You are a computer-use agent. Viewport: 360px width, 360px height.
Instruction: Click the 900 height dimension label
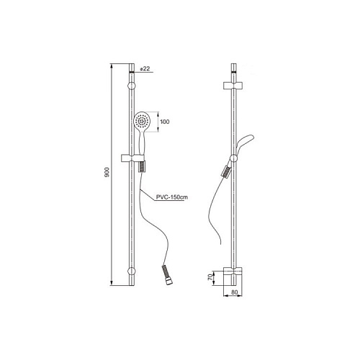point(107,172)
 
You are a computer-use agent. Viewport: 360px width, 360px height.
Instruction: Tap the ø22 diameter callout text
point(145,68)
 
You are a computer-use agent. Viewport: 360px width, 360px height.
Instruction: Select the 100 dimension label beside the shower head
point(165,122)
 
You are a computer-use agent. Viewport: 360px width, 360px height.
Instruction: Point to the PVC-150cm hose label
point(172,197)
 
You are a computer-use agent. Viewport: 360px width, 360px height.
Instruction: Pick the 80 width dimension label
point(235,292)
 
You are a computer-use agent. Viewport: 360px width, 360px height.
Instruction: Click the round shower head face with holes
point(142,120)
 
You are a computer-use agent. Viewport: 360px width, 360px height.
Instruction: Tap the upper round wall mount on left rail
point(132,86)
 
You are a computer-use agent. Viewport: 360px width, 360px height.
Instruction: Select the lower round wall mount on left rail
point(132,271)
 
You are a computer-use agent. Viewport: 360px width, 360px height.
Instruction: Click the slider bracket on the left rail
point(132,158)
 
